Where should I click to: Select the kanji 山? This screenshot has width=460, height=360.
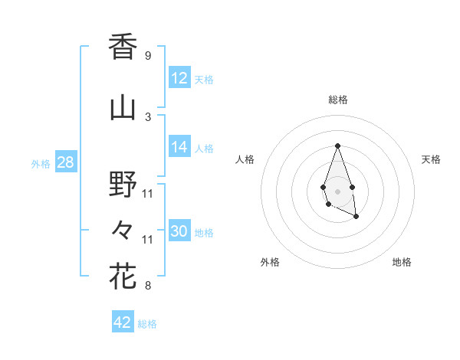point(123,107)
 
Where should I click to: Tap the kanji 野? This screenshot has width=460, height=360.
point(123,184)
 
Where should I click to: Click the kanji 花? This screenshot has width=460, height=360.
point(123,277)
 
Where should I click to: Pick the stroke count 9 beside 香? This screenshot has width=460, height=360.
point(147,55)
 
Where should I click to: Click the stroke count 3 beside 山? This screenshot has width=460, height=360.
point(147,116)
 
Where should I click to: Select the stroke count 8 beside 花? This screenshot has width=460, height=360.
point(147,286)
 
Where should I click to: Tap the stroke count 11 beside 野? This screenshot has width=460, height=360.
point(148,193)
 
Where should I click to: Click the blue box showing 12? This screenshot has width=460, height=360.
point(179,78)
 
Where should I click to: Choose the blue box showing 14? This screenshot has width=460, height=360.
point(179,148)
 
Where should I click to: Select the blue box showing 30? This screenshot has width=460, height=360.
point(179,232)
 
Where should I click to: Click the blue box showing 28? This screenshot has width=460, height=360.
point(65,163)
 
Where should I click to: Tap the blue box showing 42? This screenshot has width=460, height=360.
point(123,322)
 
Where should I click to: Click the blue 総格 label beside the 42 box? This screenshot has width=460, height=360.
point(147,324)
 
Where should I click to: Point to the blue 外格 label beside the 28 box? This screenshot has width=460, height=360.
point(41,164)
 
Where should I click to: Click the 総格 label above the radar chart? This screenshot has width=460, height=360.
point(337,100)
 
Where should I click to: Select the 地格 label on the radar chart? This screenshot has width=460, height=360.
point(402,263)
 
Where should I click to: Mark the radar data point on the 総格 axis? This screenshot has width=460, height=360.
point(337,146)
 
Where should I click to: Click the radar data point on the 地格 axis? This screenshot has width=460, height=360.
point(356,217)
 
